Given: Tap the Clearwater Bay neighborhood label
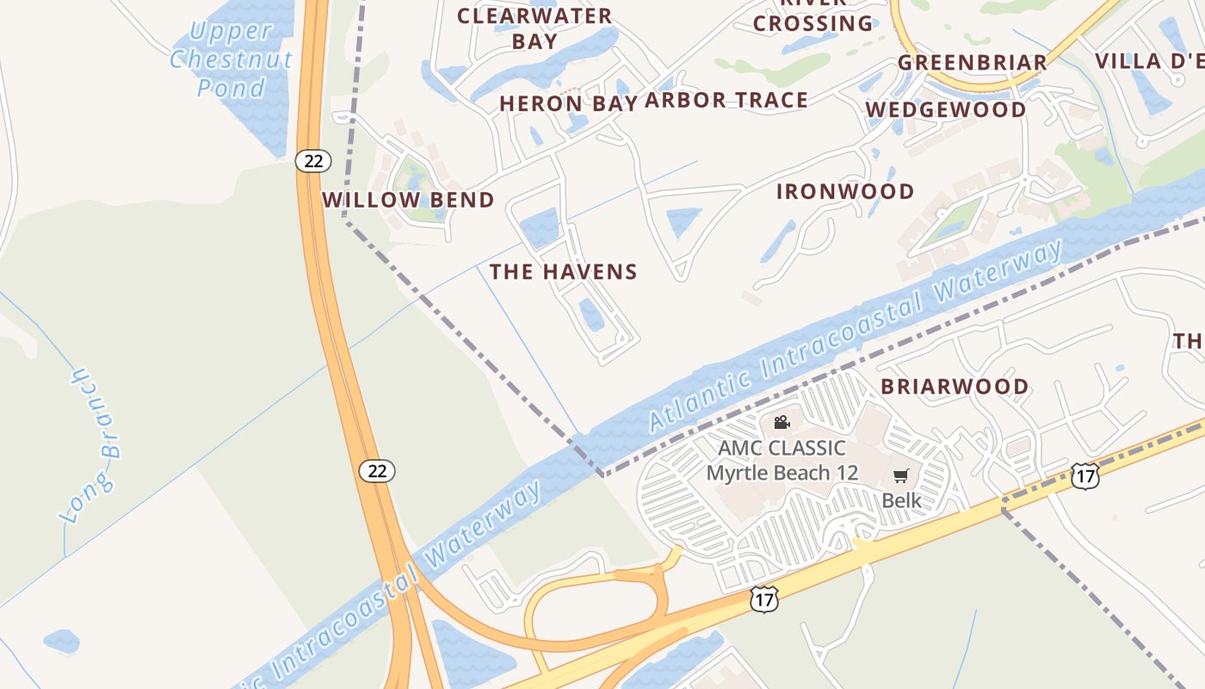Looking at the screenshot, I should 535,28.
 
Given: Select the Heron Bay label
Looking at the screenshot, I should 568,103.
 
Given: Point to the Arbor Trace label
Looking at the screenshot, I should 726,100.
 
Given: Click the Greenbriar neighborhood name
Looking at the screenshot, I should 973,62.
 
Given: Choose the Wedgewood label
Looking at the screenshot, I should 946,109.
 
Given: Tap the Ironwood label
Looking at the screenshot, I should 845,191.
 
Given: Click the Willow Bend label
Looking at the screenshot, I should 408,200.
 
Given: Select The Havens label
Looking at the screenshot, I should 564,272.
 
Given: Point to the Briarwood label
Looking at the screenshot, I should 955,387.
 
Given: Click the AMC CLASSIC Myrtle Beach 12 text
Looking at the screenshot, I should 782,460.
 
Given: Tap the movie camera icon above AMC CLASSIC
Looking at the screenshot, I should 782,422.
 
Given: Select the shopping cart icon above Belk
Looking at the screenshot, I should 901,476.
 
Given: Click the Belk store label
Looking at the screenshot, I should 901,500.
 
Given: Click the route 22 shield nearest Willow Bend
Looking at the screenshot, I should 312,160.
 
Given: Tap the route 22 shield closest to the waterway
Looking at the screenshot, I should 377,471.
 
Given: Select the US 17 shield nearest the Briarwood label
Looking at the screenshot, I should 1085,476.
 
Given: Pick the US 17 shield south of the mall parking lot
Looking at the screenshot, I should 763,599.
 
